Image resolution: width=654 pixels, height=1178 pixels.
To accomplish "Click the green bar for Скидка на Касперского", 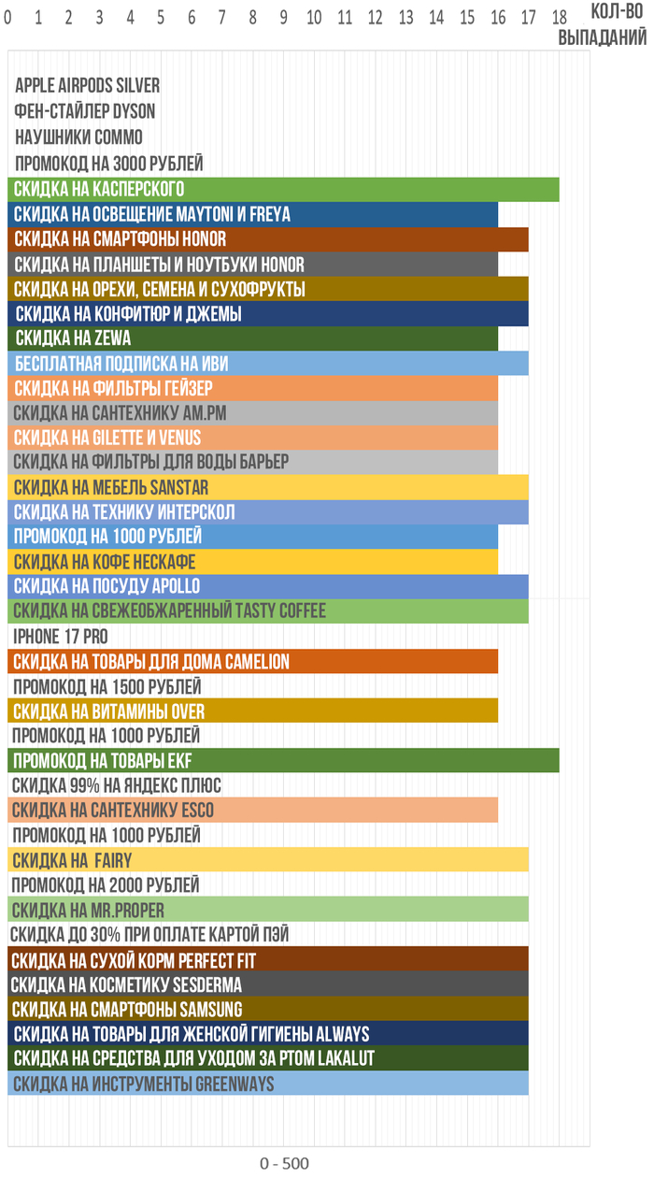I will tap(283, 189).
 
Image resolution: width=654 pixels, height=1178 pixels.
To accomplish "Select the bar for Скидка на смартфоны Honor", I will tap(268, 238).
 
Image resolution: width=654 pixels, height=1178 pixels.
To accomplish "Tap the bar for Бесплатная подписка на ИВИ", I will tap(268, 363).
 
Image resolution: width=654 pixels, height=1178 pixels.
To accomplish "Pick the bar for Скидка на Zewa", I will tap(252, 338).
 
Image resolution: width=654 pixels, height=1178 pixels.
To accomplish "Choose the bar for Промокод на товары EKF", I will tap(283, 760).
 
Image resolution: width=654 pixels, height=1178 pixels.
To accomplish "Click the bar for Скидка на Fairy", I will tap(268, 860).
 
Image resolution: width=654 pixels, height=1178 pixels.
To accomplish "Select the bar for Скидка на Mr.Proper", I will tap(268, 910).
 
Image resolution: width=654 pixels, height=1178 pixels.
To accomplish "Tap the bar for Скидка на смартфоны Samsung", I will tap(268, 1009).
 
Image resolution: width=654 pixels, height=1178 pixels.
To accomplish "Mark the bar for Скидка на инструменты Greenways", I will tap(268, 1084).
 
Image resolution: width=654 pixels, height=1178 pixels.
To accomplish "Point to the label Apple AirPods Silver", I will tap(87, 86).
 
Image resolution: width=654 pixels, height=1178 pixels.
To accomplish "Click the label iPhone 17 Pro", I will tap(60, 636).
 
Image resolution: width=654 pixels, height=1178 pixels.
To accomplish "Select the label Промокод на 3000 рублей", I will tap(108, 163).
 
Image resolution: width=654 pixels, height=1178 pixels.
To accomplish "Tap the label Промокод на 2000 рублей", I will tap(106, 884).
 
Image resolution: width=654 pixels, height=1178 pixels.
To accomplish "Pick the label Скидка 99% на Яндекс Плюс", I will tap(117, 785).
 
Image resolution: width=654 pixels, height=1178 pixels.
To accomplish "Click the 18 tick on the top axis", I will tap(559, 16).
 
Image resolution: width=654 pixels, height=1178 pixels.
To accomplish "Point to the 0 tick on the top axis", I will tap(7, 16).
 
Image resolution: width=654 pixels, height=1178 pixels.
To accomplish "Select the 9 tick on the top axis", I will tap(283, 16).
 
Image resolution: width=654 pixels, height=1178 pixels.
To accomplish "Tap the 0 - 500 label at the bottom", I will tap(284, 1163).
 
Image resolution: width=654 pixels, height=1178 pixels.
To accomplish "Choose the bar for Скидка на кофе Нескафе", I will tap(252, 561).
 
